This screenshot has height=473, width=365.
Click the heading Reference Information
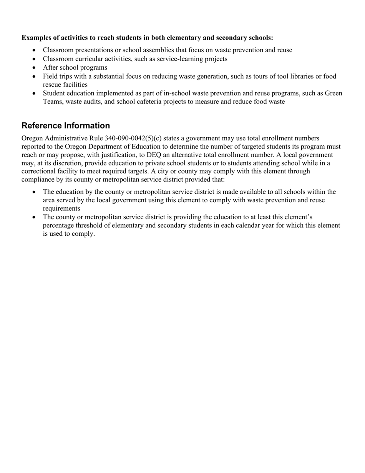click(66, 126)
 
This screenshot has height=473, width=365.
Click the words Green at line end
click(333, 93)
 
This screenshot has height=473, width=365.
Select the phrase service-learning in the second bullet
click(175, 59)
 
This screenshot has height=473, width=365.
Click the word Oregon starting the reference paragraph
click(33, 138)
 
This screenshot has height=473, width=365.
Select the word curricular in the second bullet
click(86, 59)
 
